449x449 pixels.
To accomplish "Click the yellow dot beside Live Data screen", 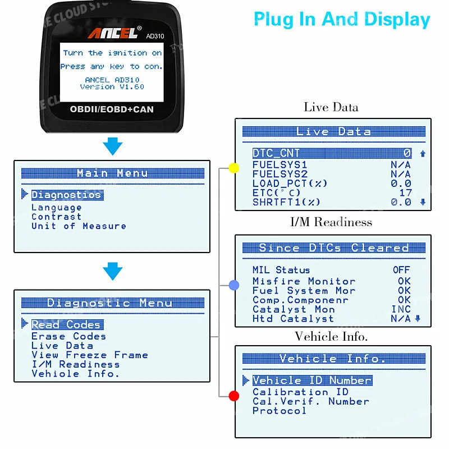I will click(234, 168).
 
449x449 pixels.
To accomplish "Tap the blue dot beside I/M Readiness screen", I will click(234, 285).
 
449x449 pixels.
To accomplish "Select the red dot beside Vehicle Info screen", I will click(234, 396).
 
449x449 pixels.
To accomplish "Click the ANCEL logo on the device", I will click(112, 34).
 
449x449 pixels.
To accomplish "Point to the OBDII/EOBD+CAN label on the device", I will click(112, 109).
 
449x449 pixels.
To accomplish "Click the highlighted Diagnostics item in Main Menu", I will click(67, 195).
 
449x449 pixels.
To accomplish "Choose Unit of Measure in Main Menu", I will click(79, 226).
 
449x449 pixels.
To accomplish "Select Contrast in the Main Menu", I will click(56, 217).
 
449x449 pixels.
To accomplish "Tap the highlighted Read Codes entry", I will click(67, 324).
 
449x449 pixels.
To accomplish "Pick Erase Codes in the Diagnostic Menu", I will click(68, 336).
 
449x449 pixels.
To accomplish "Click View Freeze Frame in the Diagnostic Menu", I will click(90, 355).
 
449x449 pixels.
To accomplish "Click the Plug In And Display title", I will click(342, 20).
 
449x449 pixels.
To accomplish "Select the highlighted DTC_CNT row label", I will click(276, 153).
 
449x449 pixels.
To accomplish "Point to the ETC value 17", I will click(405, 193).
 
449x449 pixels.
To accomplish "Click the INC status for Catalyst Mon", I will click(401, 309).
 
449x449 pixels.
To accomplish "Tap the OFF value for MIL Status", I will click(401, 270).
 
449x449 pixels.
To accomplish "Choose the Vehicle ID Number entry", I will click(312, 381).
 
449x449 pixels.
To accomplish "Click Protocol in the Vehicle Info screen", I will click(279, 411).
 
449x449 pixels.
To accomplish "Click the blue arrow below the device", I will click(113, 146).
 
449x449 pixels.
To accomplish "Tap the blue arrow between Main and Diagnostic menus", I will click(113, 272).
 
